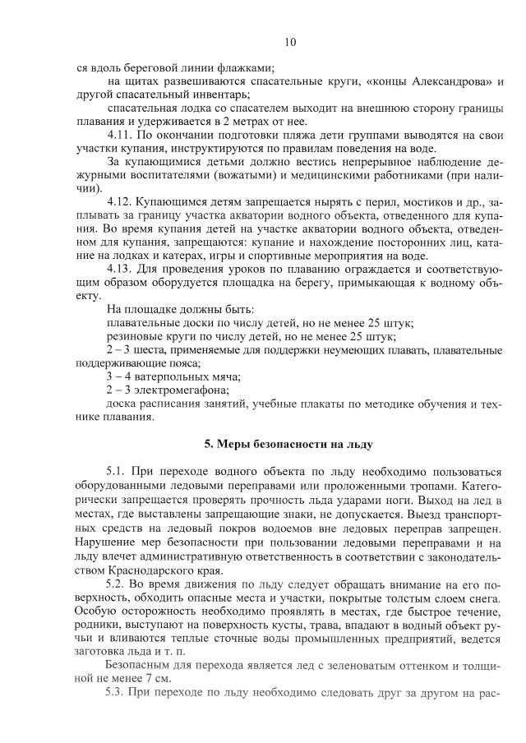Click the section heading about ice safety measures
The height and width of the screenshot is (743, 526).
point(288,445)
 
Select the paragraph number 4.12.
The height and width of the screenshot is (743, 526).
point(120,201)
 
